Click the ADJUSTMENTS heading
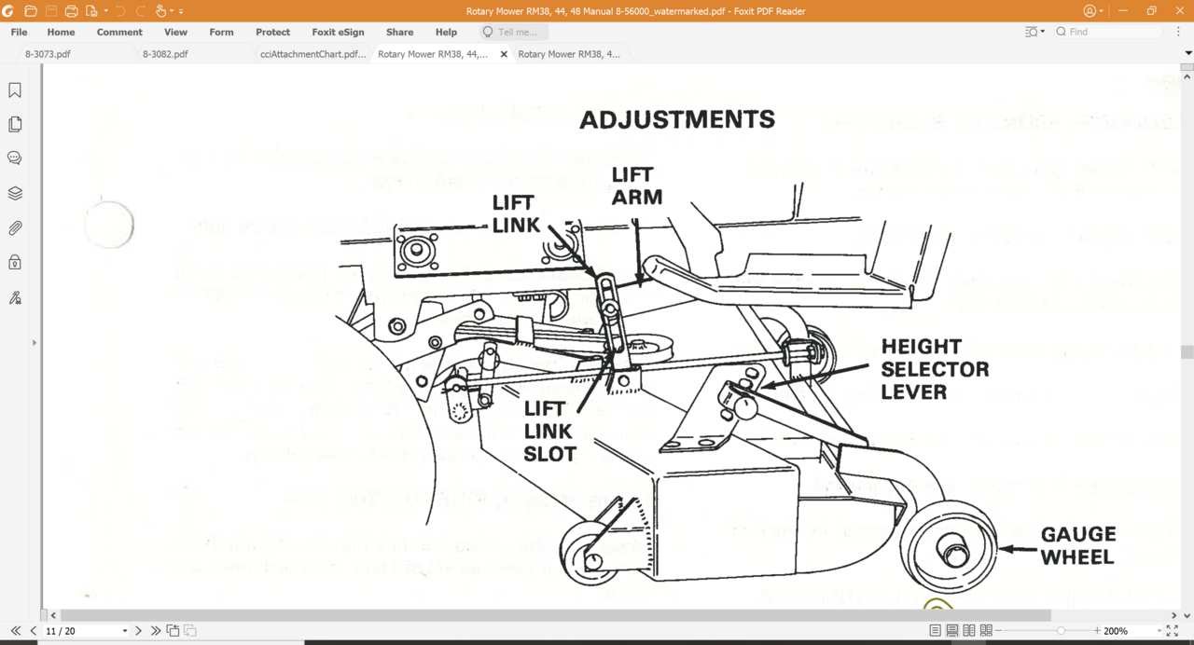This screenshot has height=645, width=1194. [677, 120]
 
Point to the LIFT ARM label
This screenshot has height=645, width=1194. [636, 185]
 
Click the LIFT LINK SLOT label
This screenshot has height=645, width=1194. [549, 432]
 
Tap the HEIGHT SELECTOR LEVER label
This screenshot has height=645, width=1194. [935, 369]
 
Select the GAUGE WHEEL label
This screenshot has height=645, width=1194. [1077, 545]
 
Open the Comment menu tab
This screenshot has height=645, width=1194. [119, 32]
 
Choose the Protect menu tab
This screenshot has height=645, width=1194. [272, 32]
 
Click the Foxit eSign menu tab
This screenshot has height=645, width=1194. [338, 32]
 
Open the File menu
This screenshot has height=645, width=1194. [19, 32]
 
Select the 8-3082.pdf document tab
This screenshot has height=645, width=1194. [165, 54]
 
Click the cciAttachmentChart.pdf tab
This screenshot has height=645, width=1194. [312, 54]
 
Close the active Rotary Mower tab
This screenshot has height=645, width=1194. [504, 54]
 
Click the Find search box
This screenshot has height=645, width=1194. [1110, 32]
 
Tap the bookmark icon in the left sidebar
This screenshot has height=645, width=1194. [15, 90]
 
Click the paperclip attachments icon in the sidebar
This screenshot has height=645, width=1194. [15, 228]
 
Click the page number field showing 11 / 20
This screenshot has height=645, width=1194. [84, 631]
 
